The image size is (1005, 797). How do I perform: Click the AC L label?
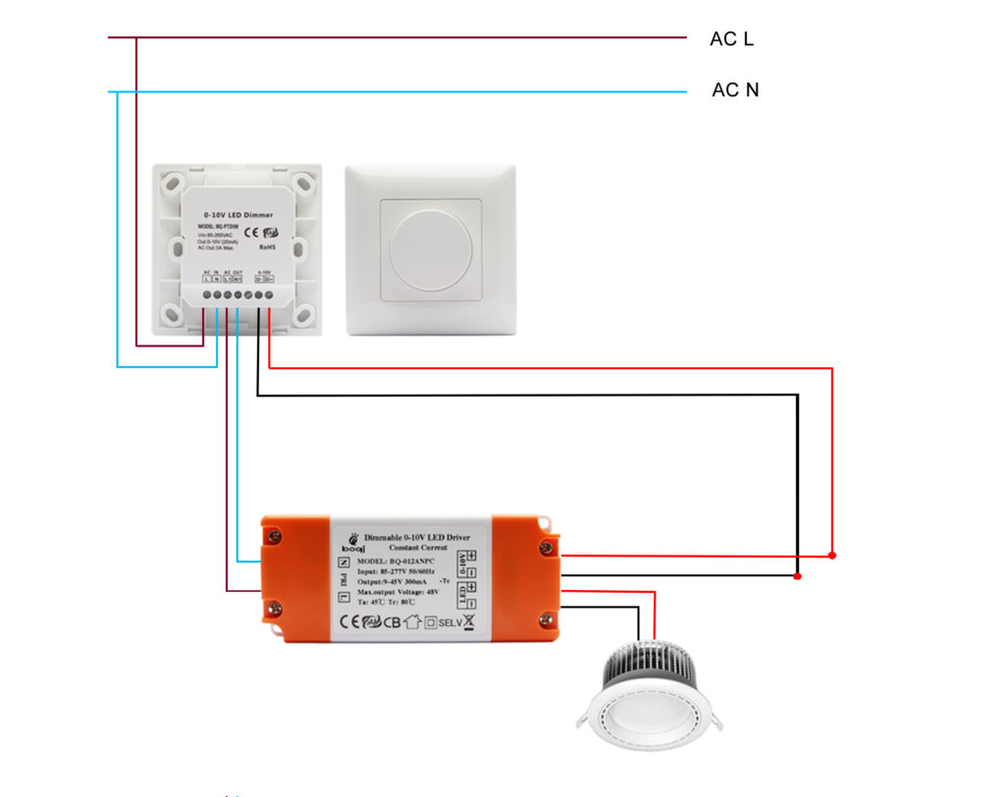[731, 39]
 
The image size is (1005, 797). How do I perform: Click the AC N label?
[735, 90]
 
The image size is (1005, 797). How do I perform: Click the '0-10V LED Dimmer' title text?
[238, 214]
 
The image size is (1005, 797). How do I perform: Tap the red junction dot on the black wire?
[798, 576]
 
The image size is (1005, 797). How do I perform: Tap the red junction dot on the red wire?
[832, 556]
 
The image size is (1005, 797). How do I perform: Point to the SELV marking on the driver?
[450, 622]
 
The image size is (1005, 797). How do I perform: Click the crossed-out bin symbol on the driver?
[470, 621]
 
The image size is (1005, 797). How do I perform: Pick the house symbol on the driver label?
[412, 622]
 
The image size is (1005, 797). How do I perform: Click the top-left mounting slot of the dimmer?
[173, 184]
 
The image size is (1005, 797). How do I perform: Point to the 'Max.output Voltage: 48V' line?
[397, 592]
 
